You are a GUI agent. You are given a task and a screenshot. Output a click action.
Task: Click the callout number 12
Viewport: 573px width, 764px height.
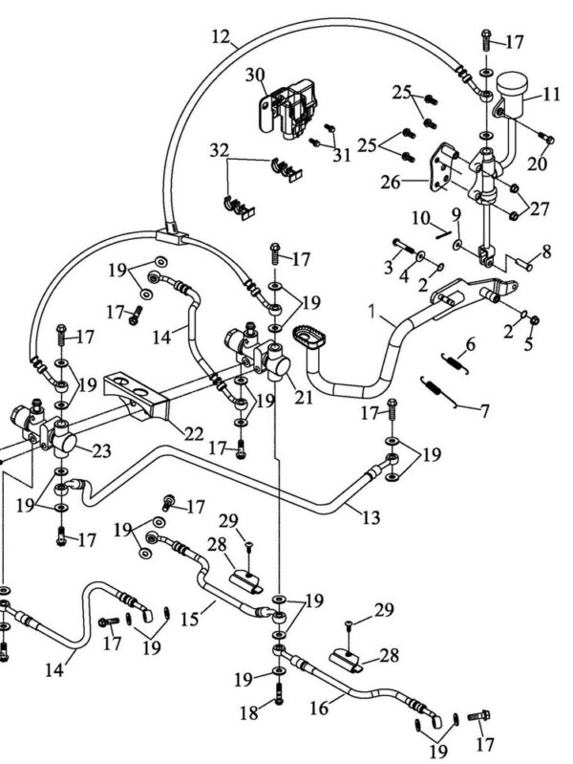tap(221, 38)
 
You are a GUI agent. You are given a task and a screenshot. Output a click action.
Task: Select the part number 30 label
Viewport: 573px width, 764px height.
tap(226, 76)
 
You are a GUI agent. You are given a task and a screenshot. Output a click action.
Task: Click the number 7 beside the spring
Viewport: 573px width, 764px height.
tap(485, 411)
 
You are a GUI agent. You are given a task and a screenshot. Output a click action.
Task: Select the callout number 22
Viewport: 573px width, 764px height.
tap(194, 434)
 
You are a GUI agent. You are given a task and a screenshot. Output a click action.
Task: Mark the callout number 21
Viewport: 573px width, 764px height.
tap(305, 396)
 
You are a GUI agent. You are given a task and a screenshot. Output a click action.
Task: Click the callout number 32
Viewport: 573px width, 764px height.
tap(221, 150)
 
